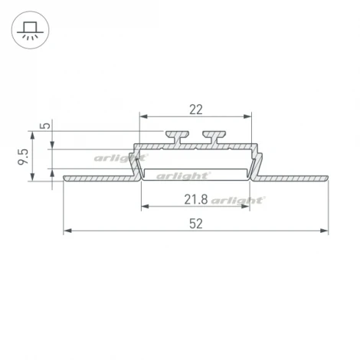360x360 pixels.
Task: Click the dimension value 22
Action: coord(195,109)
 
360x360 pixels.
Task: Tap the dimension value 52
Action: coord(195,224)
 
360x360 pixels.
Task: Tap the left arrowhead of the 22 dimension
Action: coord(142,116)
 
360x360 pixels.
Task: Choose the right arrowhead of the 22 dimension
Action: coord(248,116)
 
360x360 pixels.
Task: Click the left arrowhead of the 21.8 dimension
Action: coord(143,207)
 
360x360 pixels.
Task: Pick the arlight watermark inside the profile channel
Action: coord(178,175)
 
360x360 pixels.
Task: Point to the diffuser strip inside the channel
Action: coord(195,165)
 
